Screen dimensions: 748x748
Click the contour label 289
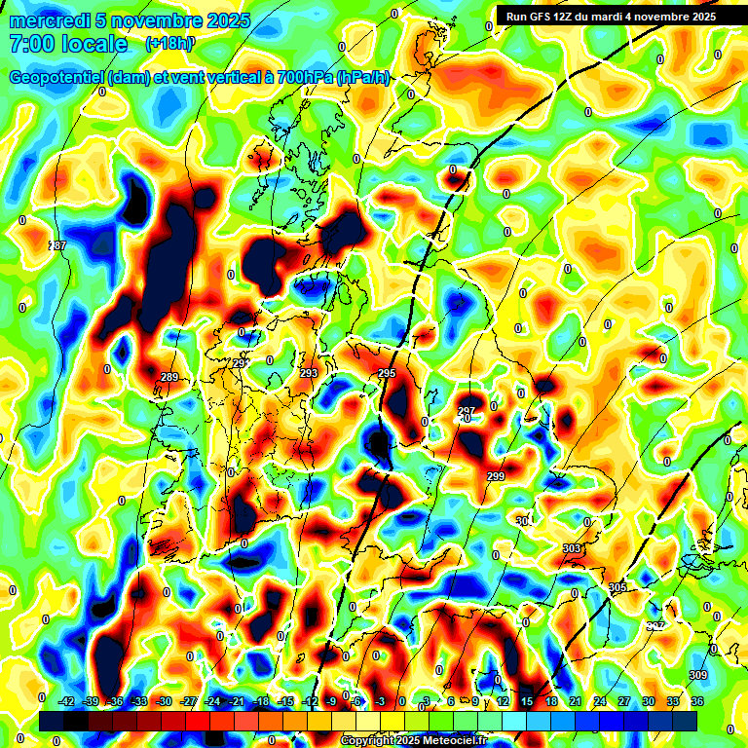[169, 377]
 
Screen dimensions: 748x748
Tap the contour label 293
[309, 374]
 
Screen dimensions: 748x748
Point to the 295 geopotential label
[387, 374]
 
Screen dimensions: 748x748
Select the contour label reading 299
[496, 476]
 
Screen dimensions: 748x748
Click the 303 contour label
[572, 549]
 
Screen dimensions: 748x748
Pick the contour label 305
[617, 587]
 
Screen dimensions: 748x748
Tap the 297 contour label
[467, 411]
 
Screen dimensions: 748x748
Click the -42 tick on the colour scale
[67, 700]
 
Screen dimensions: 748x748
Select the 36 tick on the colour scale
[697, 700]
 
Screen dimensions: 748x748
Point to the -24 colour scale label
[212, 700]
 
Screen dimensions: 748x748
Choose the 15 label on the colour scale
[527, 700]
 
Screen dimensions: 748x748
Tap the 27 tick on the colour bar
[624, 700]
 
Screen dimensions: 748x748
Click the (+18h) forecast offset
[169, 44]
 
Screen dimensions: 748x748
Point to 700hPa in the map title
[296, 78]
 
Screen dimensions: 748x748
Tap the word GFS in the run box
[546, 17]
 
